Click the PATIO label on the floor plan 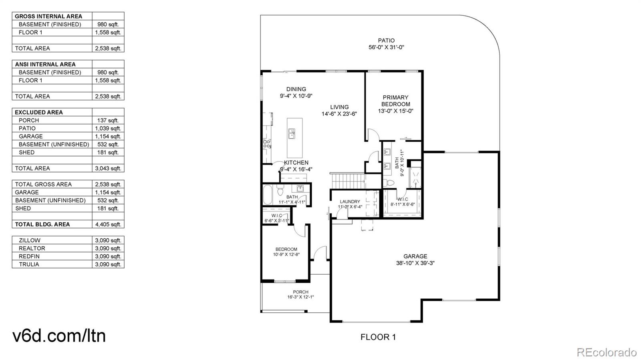click(386, 40)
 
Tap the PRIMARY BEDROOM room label click(395, 101)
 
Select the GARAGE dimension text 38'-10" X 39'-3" click(415, 263)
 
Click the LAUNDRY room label click(350, 201)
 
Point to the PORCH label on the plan click(300, 292)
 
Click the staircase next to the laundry click(348, 181)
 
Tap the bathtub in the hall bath click(268, 195)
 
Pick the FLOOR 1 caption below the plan click(378, 337)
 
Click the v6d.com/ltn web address click(59, 336)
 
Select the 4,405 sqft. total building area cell click(108, 225)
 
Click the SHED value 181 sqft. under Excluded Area click(108, 153)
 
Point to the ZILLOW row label click(30, 241)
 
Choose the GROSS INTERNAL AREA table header click(48, 16)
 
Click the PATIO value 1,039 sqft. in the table click(108, 129)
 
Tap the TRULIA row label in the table click(29, 265)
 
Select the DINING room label click(296, 89)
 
